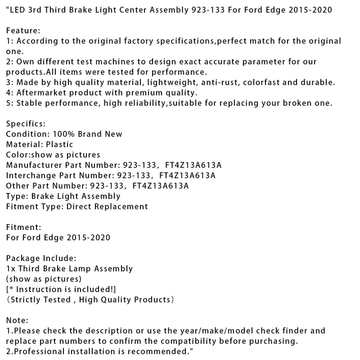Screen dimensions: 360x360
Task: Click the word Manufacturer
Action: coord(34,165)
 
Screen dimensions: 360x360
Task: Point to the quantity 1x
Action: coord(11,269)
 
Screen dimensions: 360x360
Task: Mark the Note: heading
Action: coord(17,320)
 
